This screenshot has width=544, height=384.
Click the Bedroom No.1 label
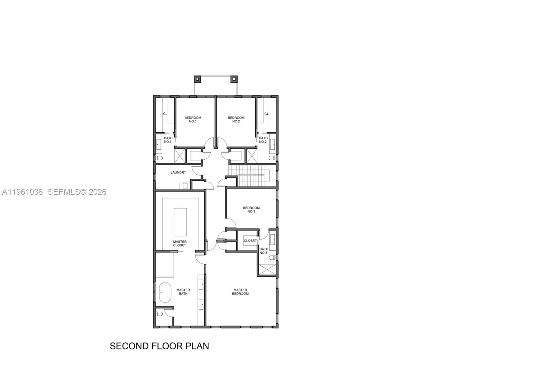coord(193,120)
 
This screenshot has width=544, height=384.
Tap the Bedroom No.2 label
coord(236,120)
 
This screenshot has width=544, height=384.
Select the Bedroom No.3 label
coord(251,210)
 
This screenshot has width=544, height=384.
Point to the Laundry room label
coord(178,173)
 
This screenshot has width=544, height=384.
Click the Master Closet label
coord(180,243)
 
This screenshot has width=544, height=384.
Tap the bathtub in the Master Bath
coord(165,292)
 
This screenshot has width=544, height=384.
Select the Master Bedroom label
coord(240,292)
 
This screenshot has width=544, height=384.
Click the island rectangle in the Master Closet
coord(180,222)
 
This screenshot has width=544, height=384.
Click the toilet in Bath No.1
coord(159,158)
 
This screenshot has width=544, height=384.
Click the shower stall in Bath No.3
coord(267,269)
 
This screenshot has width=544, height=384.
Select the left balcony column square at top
coord(197,79)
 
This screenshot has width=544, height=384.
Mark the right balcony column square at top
coord(234,79)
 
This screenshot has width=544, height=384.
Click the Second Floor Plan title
coord(159,346)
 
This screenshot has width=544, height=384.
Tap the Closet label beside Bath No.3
coord(250,241)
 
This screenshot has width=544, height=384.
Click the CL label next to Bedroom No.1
coord(165,114)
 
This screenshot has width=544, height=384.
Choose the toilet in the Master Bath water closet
coord(159,314)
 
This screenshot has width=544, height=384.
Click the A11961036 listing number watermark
coord(22,192)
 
